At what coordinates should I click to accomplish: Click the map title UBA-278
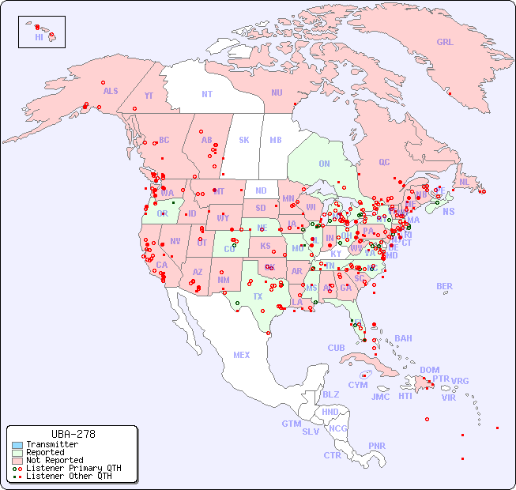73,434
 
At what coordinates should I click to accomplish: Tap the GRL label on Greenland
445,43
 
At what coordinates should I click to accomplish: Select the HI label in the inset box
39,37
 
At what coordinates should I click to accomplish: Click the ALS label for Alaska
111,91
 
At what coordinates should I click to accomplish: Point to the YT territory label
149,96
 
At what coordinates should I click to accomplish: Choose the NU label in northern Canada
277,92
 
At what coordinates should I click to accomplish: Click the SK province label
244,140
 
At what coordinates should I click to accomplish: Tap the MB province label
276,140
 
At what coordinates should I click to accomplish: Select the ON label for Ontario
324,164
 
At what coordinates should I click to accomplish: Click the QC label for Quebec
384,162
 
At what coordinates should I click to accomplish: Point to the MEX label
242,355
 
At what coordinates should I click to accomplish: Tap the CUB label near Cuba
337,348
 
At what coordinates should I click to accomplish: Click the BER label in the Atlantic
445,286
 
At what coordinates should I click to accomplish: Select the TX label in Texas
258,296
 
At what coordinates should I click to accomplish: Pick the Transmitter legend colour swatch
17,445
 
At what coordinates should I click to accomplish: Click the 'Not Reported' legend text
55,460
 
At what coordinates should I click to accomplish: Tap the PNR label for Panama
377,446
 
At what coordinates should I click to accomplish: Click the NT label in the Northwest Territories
207,93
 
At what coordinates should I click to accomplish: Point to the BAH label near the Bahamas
403,338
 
